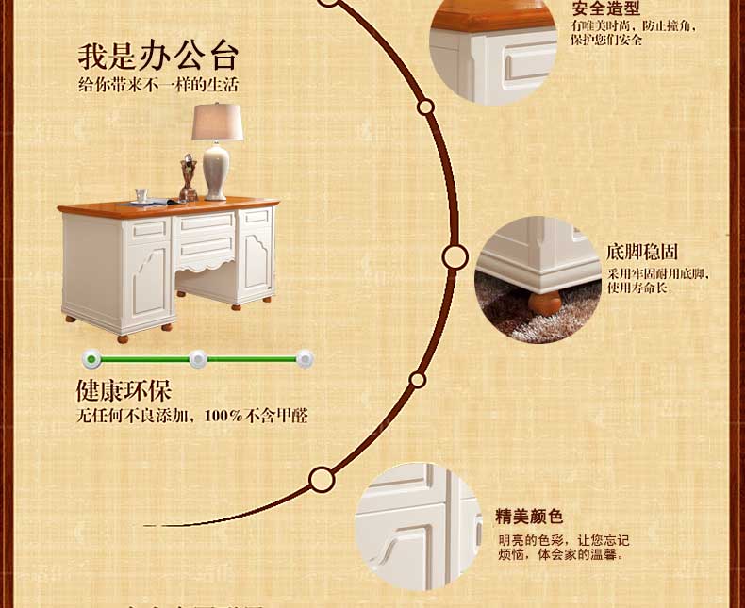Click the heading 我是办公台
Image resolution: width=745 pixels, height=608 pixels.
158,56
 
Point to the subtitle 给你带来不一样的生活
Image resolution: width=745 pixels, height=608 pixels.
158,85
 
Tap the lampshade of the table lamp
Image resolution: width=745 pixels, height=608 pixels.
217,123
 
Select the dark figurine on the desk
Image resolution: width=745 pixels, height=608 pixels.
188,178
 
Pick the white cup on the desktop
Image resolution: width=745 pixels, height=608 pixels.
141,195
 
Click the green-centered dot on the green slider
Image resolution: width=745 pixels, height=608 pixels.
91,358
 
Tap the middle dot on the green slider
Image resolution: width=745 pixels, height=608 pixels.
197,358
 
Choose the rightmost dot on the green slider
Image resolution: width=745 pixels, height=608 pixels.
305,358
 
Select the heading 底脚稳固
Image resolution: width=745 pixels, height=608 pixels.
642,253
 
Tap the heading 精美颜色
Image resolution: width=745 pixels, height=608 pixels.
529,517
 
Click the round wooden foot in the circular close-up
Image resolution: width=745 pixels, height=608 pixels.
544,303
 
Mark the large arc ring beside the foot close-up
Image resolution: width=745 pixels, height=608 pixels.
455,256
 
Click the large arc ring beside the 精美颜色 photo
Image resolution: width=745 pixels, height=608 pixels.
322,480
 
